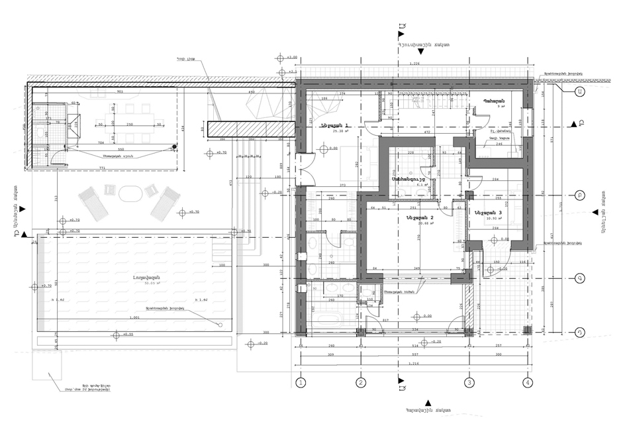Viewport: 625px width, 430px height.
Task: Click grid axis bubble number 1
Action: (300, 382)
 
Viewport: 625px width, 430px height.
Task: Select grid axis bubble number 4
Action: (528, 382)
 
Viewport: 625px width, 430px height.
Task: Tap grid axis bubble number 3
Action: (469, 382)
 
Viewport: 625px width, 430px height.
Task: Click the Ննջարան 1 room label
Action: (335, 125)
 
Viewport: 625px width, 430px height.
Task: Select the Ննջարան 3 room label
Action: (489, 212)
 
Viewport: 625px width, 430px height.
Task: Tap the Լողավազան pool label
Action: (134, 277)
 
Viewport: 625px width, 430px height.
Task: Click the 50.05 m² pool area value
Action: (135, 283)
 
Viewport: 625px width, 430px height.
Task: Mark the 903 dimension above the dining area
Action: (120, 92)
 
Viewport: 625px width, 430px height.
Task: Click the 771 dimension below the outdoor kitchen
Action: (103, 170)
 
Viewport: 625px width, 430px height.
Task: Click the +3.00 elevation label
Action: (292, 58)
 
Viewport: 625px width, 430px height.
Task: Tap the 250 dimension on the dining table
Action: (130, 124)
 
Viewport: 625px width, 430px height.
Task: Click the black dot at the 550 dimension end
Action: (173, 147)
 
